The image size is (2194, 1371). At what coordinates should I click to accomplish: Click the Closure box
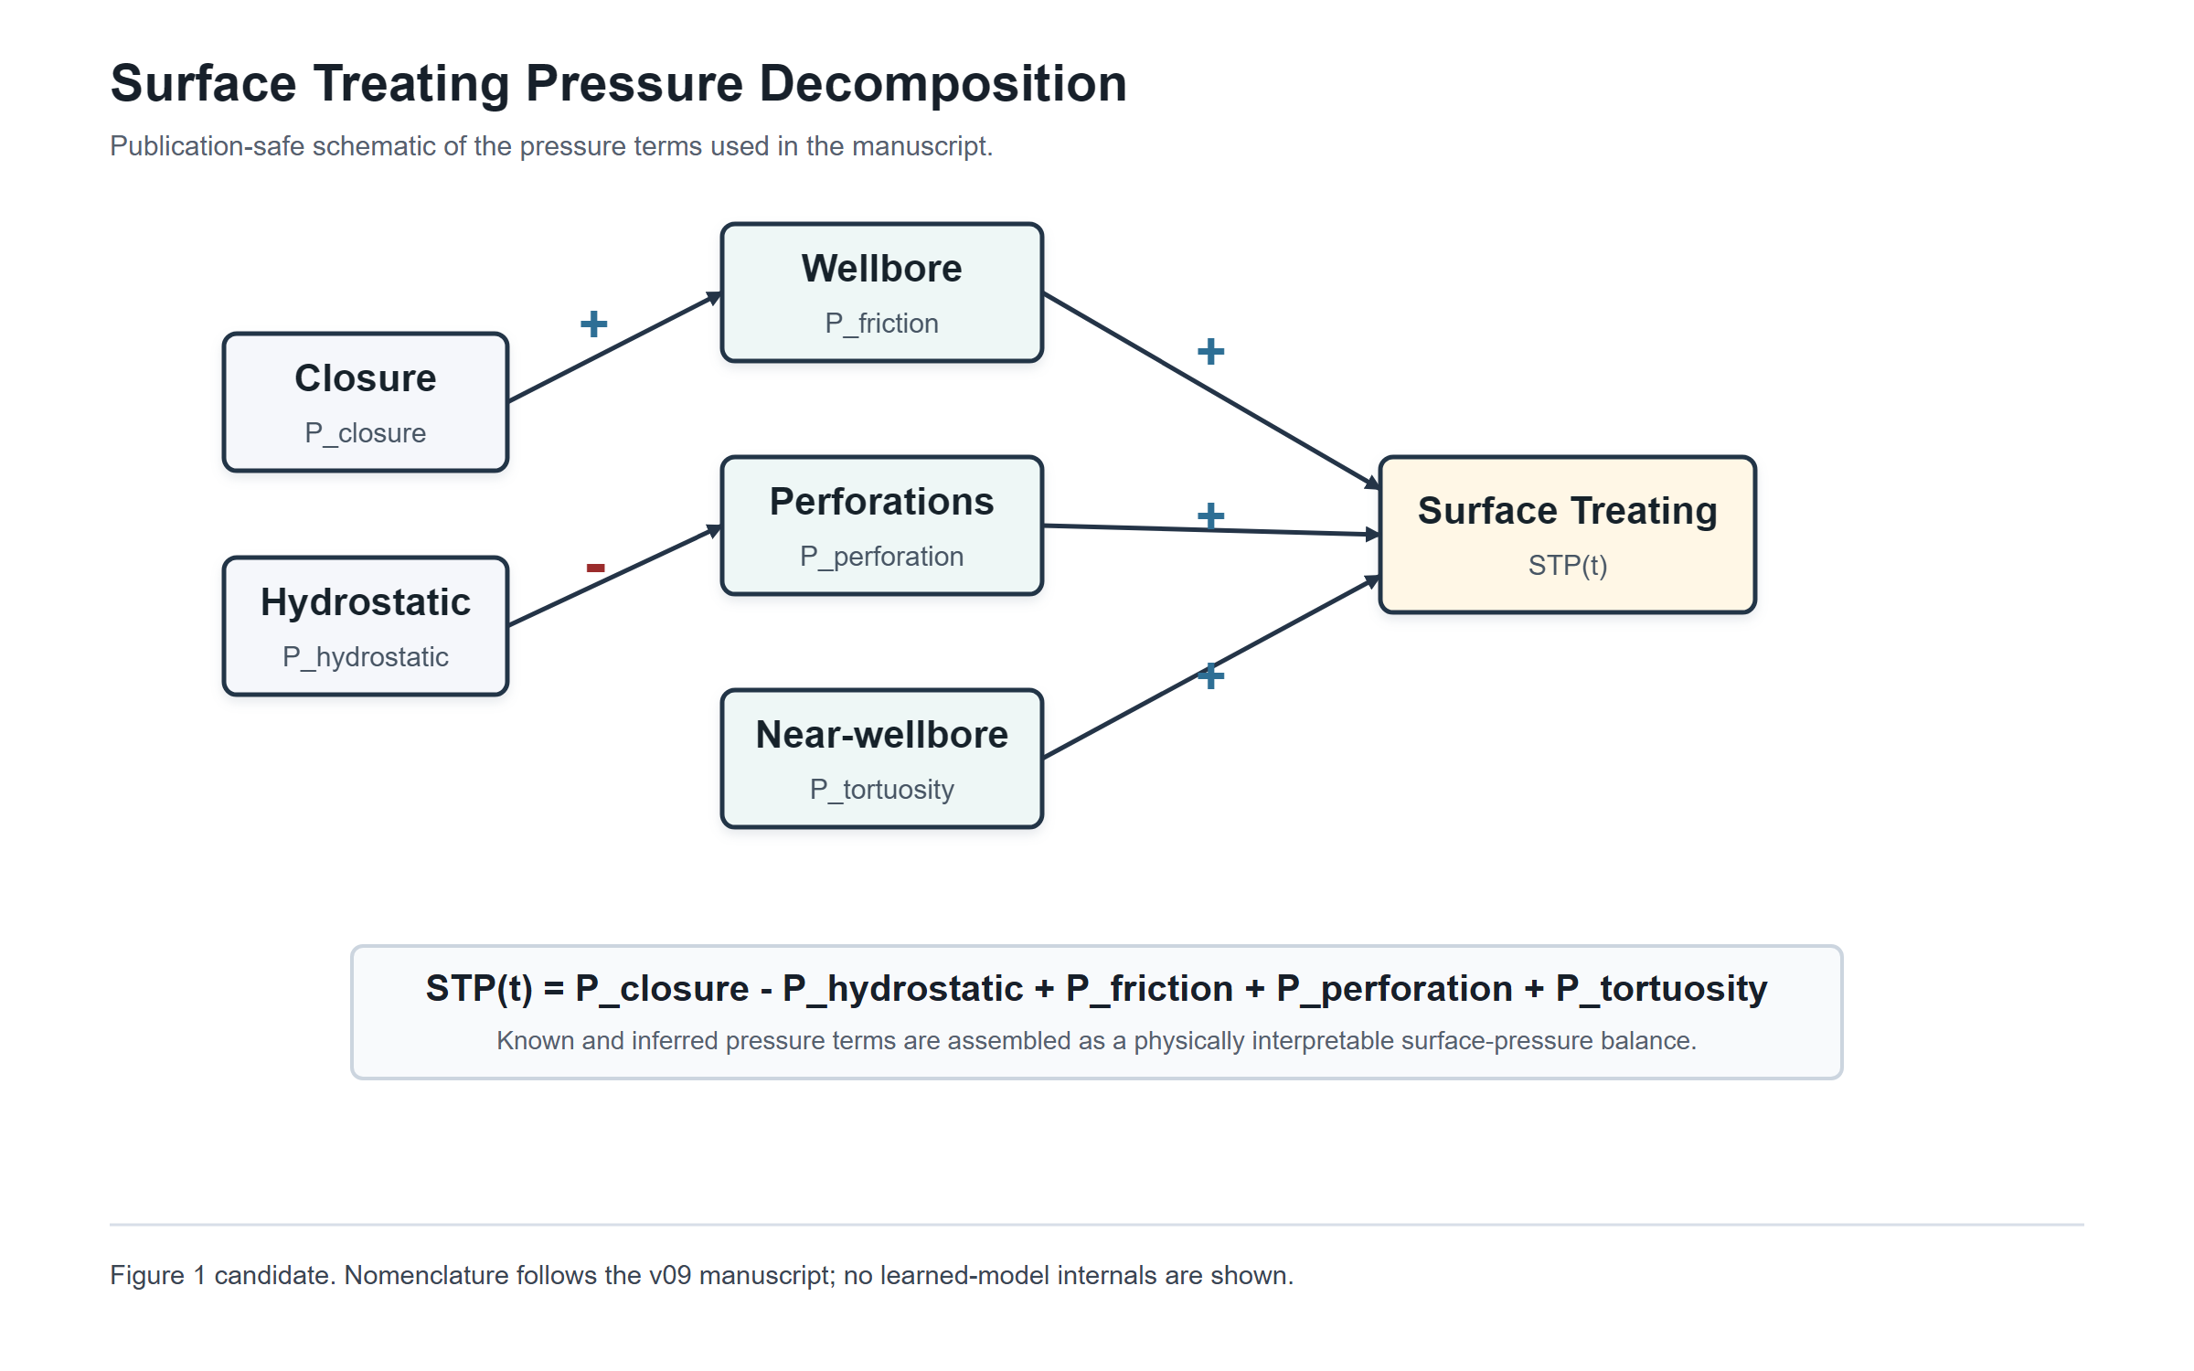tap(365, 402)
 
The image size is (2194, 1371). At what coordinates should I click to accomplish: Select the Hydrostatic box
tap(365, 626)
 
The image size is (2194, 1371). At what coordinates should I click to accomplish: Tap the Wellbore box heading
tap(881, 269)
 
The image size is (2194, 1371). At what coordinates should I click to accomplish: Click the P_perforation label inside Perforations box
tap(881, 556)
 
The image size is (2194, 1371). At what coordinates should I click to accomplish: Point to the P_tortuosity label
tap(881, 789)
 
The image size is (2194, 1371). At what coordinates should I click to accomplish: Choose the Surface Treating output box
tap(1567, 535)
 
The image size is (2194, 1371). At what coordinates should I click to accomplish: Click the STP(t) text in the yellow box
tap(1567, 565)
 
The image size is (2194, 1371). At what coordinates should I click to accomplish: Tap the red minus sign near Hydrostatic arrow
tap(595, 568)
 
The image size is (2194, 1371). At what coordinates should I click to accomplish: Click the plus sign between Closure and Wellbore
tap(593, 324)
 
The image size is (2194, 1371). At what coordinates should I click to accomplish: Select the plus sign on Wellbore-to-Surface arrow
tap(1210, 351)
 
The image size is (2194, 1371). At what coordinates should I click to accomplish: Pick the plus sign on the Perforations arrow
tap(1210, 515)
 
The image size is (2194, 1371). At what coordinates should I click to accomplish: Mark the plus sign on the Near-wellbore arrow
tap(1210, 675)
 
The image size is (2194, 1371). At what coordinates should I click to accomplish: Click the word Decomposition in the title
tap(943, 83)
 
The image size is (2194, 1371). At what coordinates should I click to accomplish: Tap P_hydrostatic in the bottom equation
tap(902, 989)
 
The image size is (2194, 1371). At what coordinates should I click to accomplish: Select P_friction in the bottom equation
tap(1149, 989)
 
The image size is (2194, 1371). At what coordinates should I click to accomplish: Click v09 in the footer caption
tap(669, 1275)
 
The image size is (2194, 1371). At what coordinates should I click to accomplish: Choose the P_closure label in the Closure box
tap(365, 432)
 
